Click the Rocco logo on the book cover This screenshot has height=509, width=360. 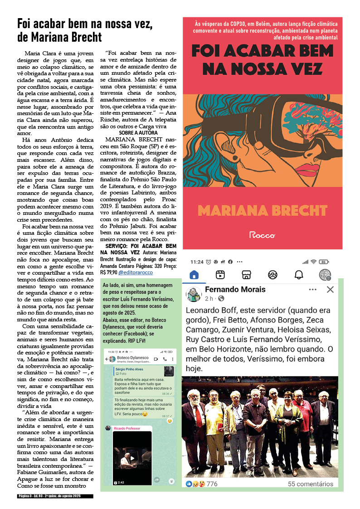click(263, 235)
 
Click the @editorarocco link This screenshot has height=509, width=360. click(136, 272)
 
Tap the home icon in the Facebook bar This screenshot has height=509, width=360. click(194, 275)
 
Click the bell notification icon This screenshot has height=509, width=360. click(298, 275)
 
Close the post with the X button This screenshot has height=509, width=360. click(330, 290)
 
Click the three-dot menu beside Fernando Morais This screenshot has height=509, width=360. click(312, 290)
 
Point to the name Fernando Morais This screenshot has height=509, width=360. click(235, 290)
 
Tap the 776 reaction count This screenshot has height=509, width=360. click(212, 484)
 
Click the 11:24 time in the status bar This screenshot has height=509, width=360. click(197, 262)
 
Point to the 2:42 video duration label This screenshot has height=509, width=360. click(121, 482)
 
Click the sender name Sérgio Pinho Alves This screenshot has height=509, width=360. click(129, 369)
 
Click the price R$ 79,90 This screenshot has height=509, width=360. click(108, 272)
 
